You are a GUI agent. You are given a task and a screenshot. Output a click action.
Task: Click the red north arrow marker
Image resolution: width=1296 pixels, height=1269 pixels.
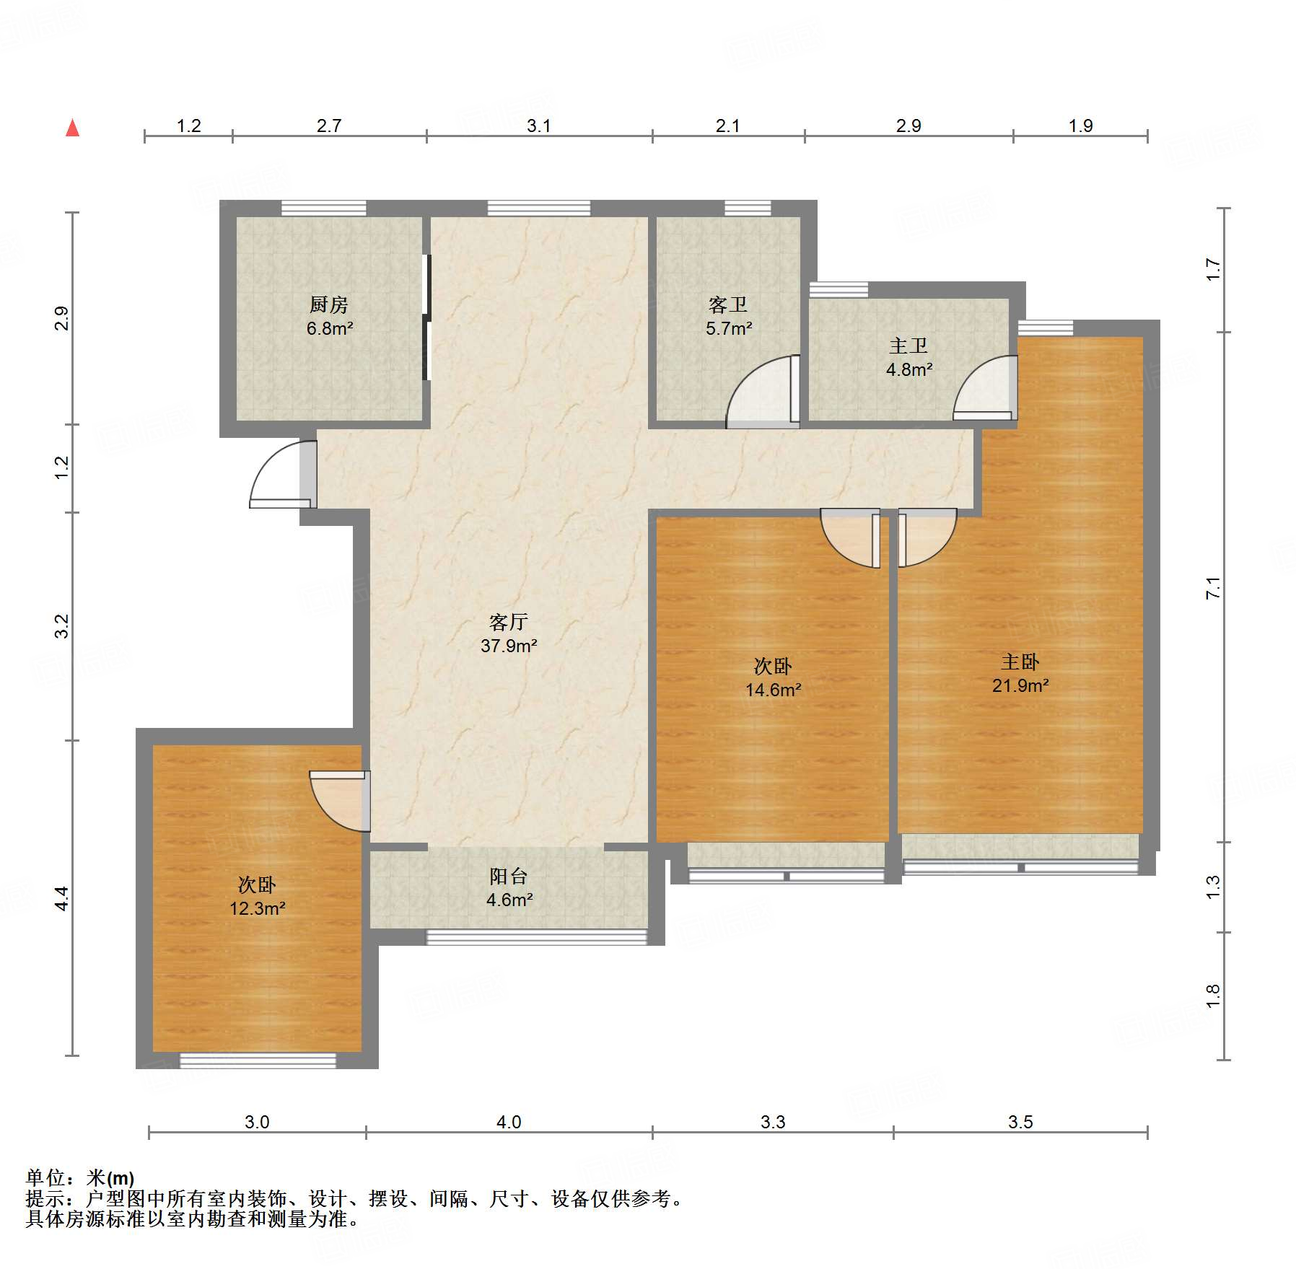(x=72, y=128)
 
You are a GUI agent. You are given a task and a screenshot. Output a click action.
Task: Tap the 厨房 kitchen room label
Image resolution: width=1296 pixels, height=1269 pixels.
(x=329, y=304)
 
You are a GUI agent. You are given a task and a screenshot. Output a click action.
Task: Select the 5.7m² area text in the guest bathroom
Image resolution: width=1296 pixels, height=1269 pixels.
(x=729, y=329)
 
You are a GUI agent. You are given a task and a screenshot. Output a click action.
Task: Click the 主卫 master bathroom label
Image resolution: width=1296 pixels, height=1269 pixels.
(x=908, y=346)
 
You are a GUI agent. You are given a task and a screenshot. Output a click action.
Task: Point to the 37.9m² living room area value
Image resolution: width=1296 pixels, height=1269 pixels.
(x=509, y=646)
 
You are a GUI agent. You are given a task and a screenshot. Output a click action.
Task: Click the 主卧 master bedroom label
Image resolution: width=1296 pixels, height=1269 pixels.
(x=1020, y=662)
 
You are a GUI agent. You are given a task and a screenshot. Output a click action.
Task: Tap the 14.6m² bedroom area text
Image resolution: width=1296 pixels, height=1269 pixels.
(x=773, y=690)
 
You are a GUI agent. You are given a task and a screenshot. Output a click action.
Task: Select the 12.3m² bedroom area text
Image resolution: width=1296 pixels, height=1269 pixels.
(x=257, y=909)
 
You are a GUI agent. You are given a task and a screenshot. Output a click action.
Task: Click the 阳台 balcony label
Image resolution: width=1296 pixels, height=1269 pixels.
(x=509, y=876)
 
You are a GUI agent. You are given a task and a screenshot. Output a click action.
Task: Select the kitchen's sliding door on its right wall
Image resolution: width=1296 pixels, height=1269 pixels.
(x=426, y=317)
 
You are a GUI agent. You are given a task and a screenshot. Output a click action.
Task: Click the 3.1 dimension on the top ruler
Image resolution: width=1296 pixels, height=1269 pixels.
(x=538, y=126)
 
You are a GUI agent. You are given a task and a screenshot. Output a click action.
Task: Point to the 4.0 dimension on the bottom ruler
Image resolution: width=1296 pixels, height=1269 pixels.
(x=508, y=1122)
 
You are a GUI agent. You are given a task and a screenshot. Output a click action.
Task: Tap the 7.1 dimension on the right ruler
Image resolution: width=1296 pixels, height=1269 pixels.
(x=1213, y=588)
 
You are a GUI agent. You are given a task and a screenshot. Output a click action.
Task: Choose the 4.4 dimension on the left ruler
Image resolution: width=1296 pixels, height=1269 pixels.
(x=62, y=898)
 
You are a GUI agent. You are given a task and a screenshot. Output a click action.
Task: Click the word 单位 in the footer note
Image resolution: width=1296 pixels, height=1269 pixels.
(x=45, y=1178)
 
